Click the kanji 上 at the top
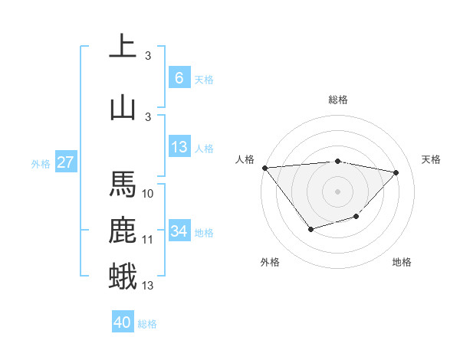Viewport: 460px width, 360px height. [123, 46]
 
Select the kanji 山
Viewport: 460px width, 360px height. [123, 107]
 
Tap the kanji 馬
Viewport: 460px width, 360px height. [123, 185]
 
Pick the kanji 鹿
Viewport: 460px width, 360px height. [123, 231]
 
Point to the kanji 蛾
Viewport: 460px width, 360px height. [123, 276]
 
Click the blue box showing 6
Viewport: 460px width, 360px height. [179, 77]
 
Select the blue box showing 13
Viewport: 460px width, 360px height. [179, 147]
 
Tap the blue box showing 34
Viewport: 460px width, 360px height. [179, 231]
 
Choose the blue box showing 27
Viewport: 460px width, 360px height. [65, 162]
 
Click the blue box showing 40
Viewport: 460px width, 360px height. [123, 322]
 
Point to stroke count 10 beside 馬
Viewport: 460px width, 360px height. [148, 194]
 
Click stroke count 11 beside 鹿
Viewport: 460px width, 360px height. [148, 240]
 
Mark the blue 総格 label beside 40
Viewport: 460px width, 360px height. [147, 324]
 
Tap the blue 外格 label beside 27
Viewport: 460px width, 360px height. [41, 163]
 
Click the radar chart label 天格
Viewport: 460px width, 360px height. [432, 159]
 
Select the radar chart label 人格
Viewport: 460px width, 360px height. [245, 159]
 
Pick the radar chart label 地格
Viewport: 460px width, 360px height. [402, 262]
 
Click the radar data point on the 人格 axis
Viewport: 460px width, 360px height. [264, 168]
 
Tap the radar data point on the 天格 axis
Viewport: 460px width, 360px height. [396, 172]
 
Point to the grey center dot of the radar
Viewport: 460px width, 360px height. [337, 191]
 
